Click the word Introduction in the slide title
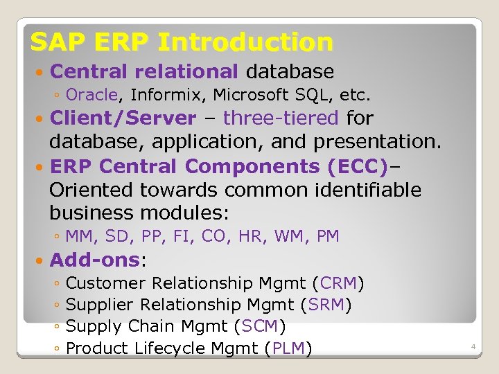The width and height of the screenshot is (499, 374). pos(245,42)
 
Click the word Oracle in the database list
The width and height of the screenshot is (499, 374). pos(94,93)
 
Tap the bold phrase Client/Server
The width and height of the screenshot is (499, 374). pos(123,118)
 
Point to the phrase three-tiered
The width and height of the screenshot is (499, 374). pos(281,118)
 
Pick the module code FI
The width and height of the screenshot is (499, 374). pos(181,236)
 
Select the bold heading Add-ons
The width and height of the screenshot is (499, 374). pos(95,260)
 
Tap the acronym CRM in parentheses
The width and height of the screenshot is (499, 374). pos(338,283)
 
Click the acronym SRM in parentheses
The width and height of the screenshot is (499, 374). pos(326,305)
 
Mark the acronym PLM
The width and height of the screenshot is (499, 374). pos(289,348)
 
